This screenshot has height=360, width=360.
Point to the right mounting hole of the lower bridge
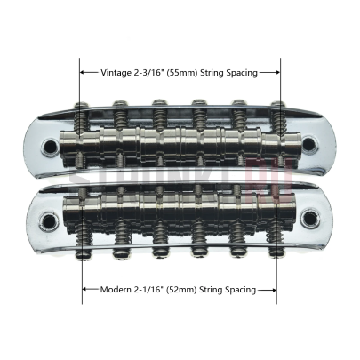[x=309, y=217]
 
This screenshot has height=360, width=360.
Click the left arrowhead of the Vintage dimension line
[x=83, y=72]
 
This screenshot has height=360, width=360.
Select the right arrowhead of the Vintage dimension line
[x=277, y=72]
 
